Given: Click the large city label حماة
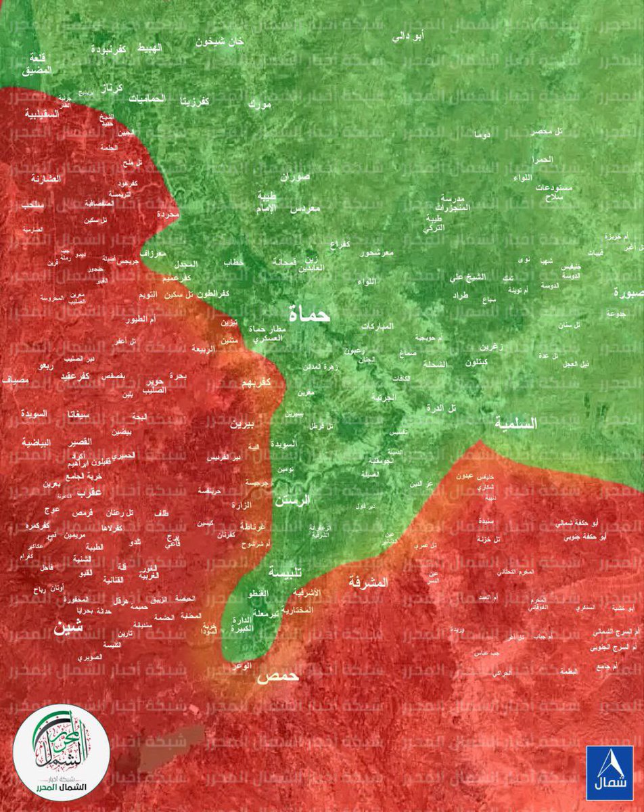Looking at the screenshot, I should (308, 313).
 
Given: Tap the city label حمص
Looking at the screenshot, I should (276, 679).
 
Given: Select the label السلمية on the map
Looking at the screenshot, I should (515, 424).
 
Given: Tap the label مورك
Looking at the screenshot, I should (259, 104).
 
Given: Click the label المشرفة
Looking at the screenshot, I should (369, 581).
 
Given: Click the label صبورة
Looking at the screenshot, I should (628, 293).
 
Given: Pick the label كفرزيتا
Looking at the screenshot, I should (194, 101).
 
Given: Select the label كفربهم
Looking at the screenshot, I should (256, 383).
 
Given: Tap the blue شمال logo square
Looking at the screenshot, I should (609, 772).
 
